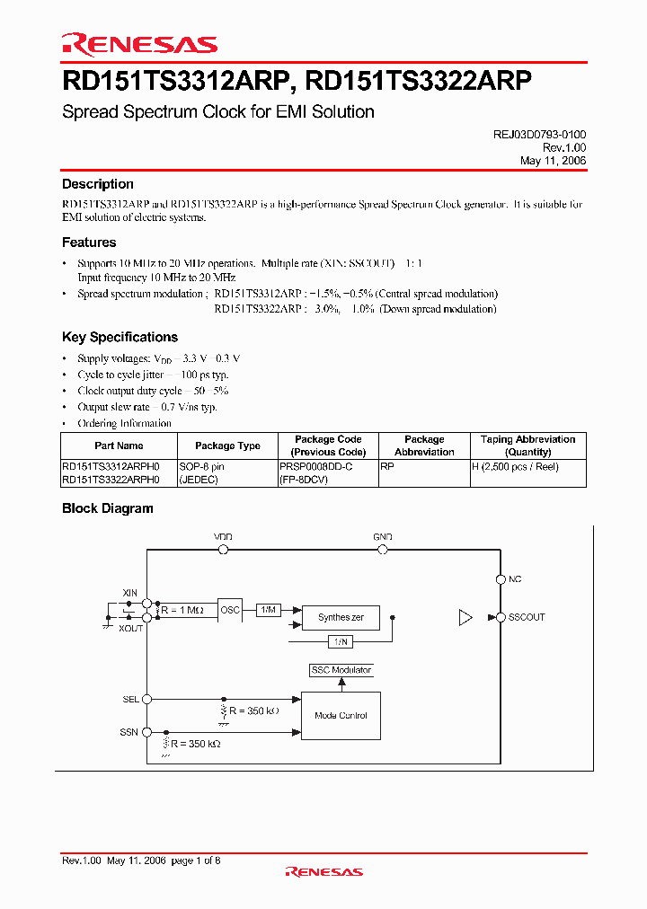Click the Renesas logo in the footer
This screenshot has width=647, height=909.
[323, 871]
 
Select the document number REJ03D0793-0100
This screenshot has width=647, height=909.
[539, 133]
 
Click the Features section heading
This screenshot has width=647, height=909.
[89, 243]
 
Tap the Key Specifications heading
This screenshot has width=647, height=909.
[120, 338]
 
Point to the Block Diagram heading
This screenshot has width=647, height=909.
[107, 508]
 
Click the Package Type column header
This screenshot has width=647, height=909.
[227, 446]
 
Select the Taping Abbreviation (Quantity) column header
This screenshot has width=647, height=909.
[527, 446]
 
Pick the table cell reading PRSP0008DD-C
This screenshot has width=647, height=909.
[316, 467]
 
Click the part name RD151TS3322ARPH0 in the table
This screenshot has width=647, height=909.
[111, 480]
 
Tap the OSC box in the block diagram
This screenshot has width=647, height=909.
[230, 610]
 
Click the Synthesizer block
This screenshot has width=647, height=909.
[341, 618]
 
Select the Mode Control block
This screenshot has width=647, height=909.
[341, 716]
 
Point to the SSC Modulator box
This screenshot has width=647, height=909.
[341, 670]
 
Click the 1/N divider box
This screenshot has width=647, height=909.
[341, 641]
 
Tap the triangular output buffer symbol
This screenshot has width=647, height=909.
[465, 617]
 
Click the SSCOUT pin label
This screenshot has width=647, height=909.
[527, 617]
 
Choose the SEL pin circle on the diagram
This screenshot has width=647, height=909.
[147, 699]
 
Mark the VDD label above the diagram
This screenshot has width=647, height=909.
[223, 536]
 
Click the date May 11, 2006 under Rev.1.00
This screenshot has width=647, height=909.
[553, 160]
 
